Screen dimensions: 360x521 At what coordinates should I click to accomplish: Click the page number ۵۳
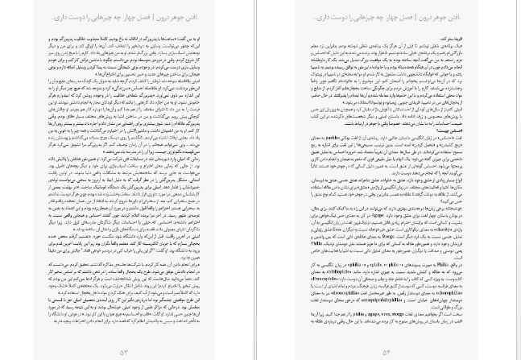123,351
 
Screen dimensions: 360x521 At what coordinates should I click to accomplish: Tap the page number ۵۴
386,351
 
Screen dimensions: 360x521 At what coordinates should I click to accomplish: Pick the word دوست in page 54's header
331,17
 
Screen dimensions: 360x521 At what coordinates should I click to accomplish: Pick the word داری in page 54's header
314,17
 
